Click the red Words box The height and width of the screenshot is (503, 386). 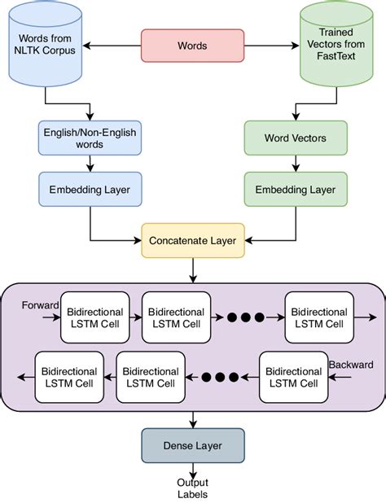[192, 45]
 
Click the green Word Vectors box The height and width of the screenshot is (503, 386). [296, 138]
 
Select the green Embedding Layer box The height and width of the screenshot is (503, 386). [296, 189]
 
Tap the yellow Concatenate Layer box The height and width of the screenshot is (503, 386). [192, 241]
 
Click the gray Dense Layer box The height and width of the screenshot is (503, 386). [192, 445]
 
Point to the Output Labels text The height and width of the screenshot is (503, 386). [192, 488]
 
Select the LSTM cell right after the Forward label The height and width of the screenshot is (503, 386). [94, 317]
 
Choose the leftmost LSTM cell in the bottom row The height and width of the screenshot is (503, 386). [69, 376]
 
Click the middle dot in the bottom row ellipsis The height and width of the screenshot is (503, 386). [219, 377]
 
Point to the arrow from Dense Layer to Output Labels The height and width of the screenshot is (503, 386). [192, 470]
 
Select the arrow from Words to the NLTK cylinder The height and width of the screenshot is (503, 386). [110, 45]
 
